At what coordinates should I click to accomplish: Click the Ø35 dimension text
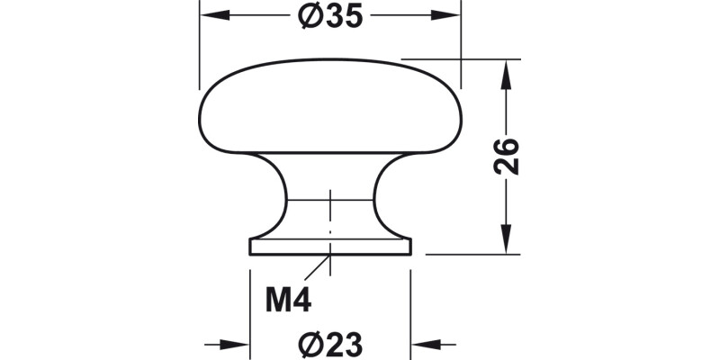(x=329, y=16)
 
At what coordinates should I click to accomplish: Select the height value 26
(x=508, y=157)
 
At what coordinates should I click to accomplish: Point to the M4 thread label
(x=288, y=300)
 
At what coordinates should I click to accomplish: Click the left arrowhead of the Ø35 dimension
(x=210, y=16)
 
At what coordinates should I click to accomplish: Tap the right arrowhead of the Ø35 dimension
(x=449, y=16)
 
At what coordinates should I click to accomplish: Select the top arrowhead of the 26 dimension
(x=508, y=72)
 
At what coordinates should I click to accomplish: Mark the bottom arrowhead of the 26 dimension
(x=508, y=243)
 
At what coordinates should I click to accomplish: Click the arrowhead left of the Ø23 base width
(x=238, y=344)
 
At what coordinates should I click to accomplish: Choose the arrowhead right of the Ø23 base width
(x=423, y=344)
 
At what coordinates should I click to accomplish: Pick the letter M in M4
(x=277, y=300)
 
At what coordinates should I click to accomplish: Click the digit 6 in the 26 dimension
(x=508, y=147)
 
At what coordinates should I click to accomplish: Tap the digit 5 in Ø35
(x=351, y=16)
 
